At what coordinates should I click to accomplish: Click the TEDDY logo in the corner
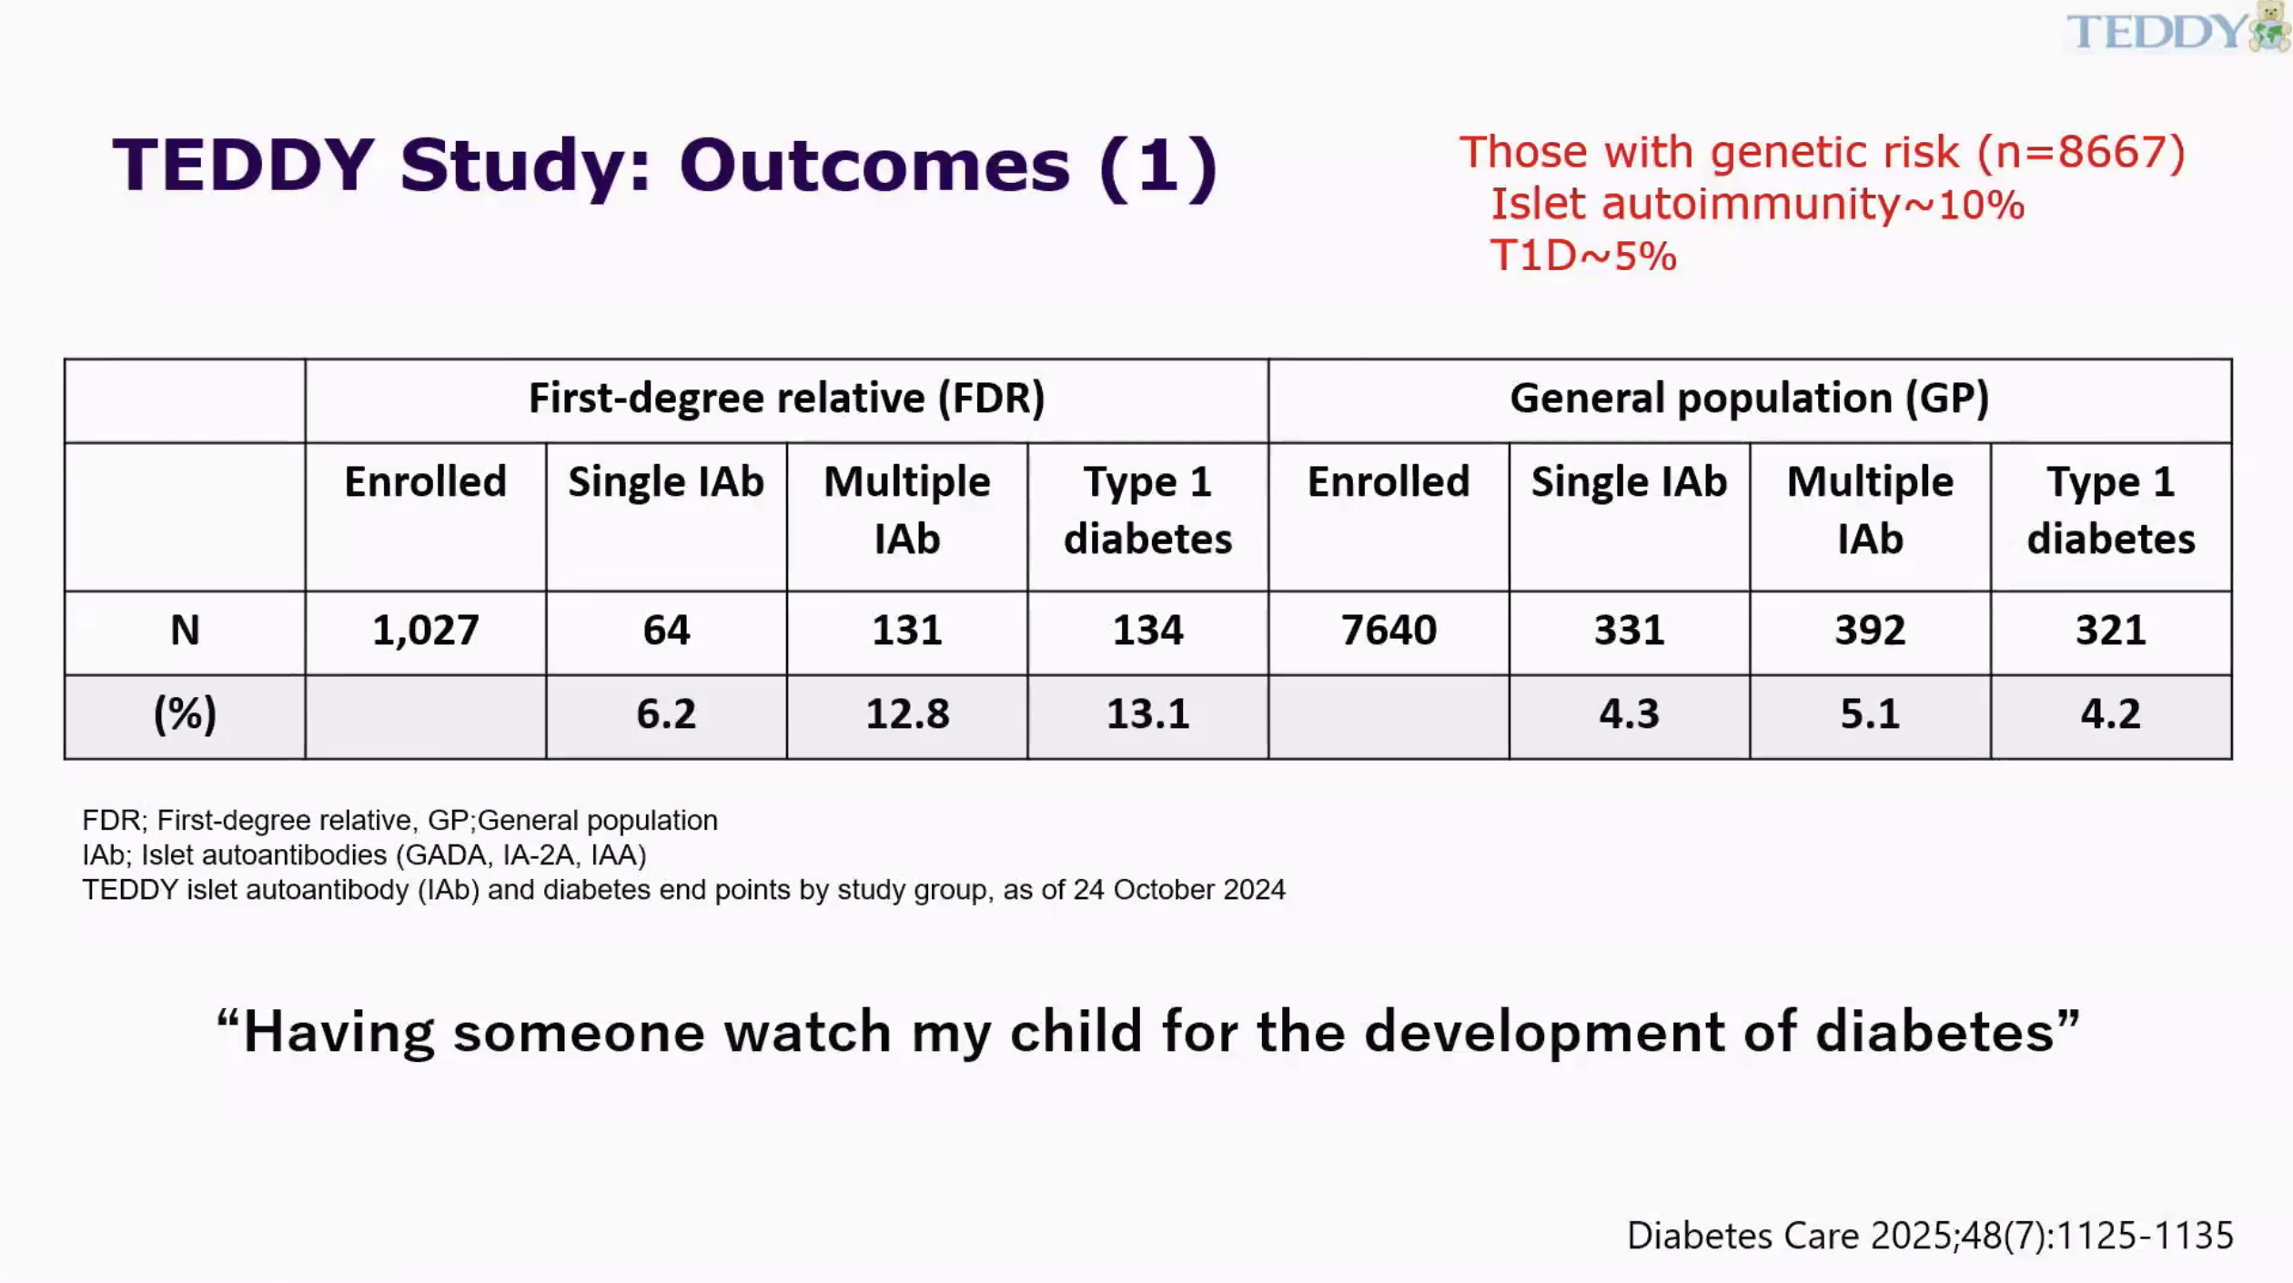(2177, 28)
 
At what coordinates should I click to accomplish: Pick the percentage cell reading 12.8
(907, 715)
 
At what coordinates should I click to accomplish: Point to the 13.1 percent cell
(1147, 715)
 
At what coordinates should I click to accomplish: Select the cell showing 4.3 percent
(1629, 715)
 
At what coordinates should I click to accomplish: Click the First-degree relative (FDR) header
(787, 399)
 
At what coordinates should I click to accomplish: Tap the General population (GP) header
(1750, 399)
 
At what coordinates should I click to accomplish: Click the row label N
(185, 631)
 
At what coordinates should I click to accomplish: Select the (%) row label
(185, 714)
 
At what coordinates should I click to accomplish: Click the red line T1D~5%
(1583, 256)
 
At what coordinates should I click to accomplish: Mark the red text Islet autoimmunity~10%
(1757, 204)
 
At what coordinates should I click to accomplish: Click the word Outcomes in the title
(874, 166)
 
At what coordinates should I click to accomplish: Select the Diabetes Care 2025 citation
(1930, 1236)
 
